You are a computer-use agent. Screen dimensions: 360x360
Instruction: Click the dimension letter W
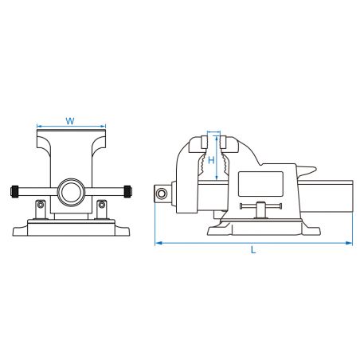[70, 121]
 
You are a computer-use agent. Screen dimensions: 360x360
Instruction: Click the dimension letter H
[211, 160]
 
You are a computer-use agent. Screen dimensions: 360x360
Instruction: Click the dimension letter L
[253, 249]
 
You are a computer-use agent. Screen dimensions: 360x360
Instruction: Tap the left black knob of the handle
[14, 191]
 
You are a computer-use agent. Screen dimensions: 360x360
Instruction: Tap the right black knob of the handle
[127, 191]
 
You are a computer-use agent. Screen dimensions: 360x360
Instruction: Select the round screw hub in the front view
[71, 192]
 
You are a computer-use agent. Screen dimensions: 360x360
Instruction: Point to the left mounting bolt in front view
[41, 205]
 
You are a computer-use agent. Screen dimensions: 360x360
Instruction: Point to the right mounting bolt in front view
[102, 205]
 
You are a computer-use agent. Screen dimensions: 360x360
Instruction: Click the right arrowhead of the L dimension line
[350, 243]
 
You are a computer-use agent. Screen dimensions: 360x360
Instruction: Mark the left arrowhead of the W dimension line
[39, 126]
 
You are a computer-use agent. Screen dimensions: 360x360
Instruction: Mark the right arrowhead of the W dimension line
[104, 126]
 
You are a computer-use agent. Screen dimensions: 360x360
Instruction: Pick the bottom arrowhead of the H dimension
[217, 178]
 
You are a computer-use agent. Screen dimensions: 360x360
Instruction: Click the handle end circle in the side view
[162, 194]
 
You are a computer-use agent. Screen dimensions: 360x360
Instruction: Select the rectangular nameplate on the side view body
[260, 184]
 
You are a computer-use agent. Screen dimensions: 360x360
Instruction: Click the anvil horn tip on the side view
[315, 168]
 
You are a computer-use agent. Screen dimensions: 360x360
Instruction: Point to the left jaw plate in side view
[205, 143]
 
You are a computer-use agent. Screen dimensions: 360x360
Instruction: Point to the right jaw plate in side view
[223, 143]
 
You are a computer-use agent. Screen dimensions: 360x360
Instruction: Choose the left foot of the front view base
[20, 231]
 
